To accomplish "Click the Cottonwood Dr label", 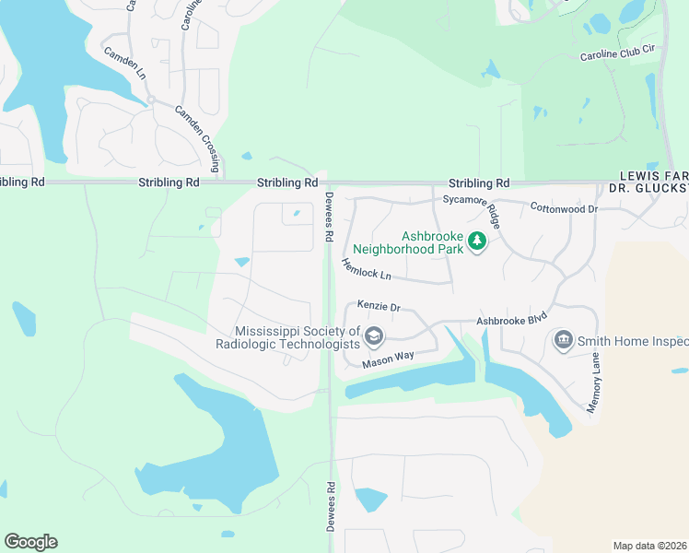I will [x=565, y=209].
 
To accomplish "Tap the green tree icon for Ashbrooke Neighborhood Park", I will [x=476, y=241].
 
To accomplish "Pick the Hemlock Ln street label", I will [x=366, y=269].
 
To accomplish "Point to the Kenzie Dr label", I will [x=380, y=306].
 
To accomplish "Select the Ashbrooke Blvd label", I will [x=511, y=318].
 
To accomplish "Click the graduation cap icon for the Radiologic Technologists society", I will [x=373, y=335].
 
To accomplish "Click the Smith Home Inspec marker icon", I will [x=562, y=341].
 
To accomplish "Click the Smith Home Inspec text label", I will [x=632, y=341].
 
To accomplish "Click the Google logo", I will [x=30, y=541].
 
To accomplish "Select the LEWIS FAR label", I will [x=653, y=174].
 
